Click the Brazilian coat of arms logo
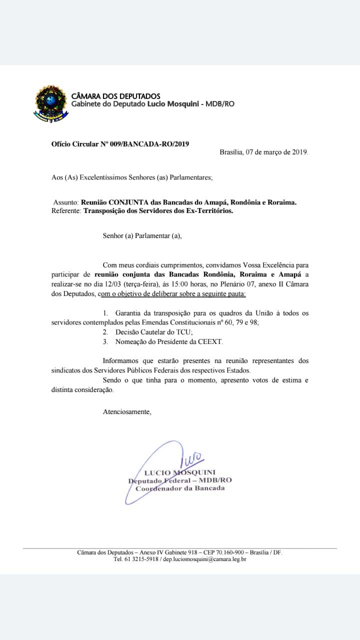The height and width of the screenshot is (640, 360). [x=49, y=103]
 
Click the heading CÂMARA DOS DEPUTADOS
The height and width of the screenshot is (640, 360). [x=116, y=96]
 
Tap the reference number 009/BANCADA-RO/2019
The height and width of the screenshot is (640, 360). [x=149, y=144]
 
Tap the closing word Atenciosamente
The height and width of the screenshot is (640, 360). [x=126, y=412]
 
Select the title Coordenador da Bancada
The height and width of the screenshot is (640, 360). [x=180, y=488]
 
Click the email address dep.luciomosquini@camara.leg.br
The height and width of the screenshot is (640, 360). [x=204, y=559]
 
